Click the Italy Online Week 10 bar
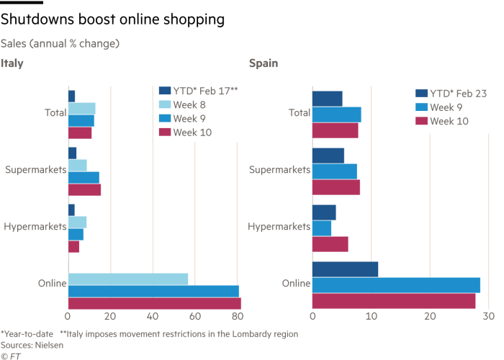pyautogui.click(x=155, y=304)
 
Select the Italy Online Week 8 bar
pyautogui.click(x=128, y=279)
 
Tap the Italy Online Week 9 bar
pyautogui.click(x=153, y=292)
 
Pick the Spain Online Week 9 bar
pyautogui.click(x=396, y=285)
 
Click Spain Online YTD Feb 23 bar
pyautogui.click(x=345, y=269)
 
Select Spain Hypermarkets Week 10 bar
pyautogui.click(x=330, y=244)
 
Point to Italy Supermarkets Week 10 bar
pyautogui.click(x=84, y=190)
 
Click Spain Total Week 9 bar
pyautogui.click(x=336, y=114)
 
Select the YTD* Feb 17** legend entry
pyautogui.click(x=205, y=91)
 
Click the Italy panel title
pyautogui.click(x=12, y=63)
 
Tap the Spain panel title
pyautogui.click(x=264, y=63)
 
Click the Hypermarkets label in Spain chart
pyautogui.click(x=279, y=227)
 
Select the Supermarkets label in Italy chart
pyautogui.click(x=35, y=171)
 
